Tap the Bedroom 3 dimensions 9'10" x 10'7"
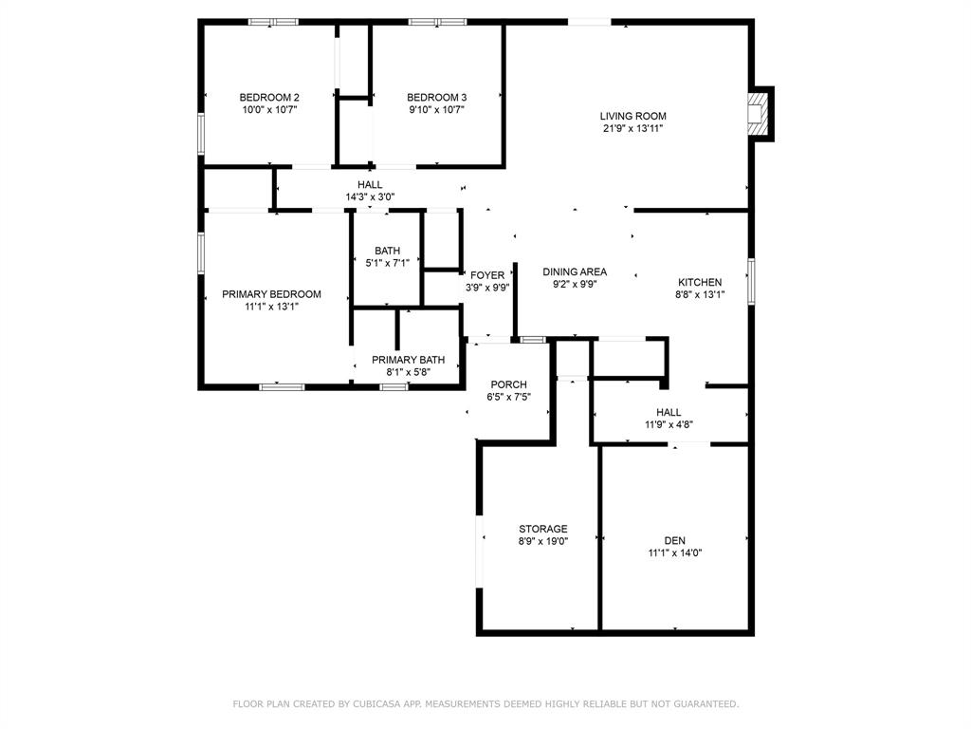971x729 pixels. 436,109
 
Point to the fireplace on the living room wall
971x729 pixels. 760,113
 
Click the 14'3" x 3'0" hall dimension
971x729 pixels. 370,197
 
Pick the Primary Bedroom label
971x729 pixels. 271,294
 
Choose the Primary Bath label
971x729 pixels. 408,360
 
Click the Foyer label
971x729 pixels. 487,275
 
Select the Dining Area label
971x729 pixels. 575,271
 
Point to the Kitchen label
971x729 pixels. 700,282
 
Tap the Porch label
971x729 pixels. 508,384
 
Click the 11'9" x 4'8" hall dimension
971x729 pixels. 669,424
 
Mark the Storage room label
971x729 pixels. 543,529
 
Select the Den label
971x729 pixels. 674,540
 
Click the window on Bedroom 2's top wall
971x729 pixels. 273,21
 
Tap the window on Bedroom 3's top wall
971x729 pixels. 437,21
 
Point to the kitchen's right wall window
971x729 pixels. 751,281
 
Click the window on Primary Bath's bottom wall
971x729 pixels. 394,386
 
